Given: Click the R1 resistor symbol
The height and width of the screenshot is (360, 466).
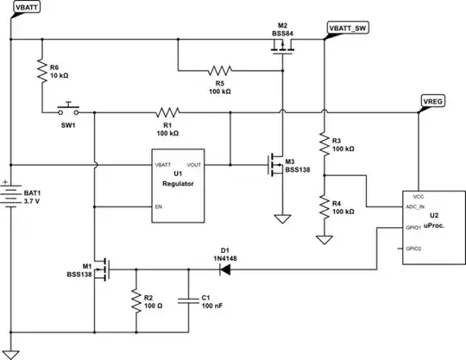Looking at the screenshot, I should click(x=167, y=112).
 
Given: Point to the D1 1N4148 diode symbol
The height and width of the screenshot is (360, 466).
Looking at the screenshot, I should click(x=226, y=269).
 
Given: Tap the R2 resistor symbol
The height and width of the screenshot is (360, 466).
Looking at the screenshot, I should click(x=135, y=300).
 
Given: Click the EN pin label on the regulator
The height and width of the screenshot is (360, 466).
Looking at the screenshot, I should click(x=158, y=207).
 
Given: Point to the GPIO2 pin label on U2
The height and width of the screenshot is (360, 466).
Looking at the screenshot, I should click(x=412, y=248).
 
